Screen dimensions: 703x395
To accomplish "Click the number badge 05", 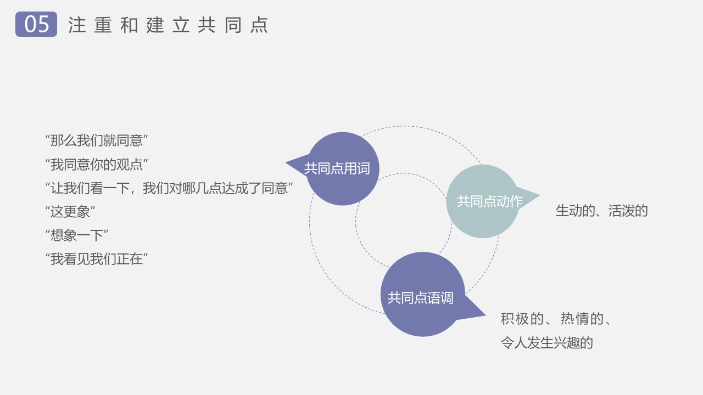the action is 36,24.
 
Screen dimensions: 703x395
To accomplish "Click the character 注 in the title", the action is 77,25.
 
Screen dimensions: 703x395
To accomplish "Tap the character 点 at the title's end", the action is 259,25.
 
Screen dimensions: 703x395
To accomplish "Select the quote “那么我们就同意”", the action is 97,140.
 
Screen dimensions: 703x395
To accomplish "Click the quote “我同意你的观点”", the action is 97,164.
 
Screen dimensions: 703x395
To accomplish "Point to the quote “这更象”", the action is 70,212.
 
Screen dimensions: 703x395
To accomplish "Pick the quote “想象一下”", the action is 77,235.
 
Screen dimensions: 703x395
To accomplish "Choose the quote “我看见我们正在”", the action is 97,259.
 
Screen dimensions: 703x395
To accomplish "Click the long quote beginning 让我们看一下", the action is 169,188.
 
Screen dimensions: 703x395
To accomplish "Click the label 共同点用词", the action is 337,168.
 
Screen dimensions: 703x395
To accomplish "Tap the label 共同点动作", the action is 489,201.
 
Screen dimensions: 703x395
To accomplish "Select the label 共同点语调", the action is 421,298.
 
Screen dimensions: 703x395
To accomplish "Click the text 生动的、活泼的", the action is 601,211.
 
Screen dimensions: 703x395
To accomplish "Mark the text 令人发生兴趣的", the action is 546,343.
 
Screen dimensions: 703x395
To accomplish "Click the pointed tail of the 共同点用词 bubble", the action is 286,163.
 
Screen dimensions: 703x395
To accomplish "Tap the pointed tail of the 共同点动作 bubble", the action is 539,196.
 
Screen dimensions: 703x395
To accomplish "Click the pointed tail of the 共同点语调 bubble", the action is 485,315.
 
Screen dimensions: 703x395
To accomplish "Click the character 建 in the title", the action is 155,25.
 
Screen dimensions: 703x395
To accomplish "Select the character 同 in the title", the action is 233,25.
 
